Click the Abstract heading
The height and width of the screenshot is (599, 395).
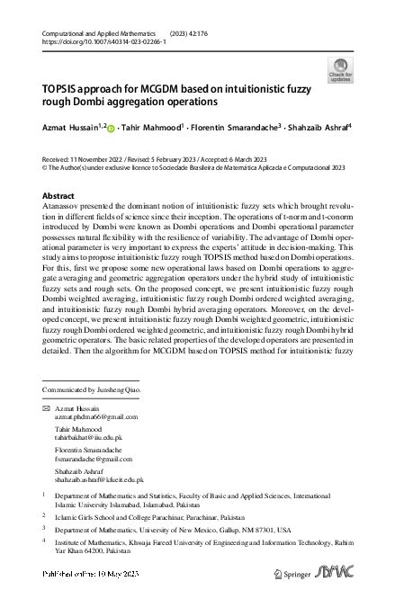pyautogui.click(x=59, y=195)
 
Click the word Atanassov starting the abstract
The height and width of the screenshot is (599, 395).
pyautogui.click(x=62, y=207)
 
